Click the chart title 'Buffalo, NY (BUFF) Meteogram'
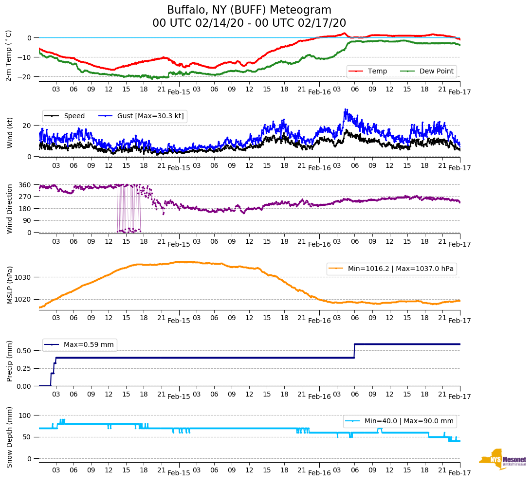tap(249, 10)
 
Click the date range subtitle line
tap(249, 23)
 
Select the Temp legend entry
tap(377, 72)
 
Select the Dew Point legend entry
tap(436, 72)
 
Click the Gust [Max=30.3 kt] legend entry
tap(150, 116)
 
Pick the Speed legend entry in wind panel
tap(74, 116)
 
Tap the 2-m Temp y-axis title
tap(9, 55)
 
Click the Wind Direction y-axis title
tap(10, 208)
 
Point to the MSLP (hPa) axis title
tap(10, 285)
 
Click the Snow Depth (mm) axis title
tap(10, 437)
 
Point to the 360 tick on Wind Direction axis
tap(25, 185)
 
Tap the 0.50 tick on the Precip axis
tap(25, 351)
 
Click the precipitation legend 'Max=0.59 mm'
tap(89, 345)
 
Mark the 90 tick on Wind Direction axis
tap(27, 220)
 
